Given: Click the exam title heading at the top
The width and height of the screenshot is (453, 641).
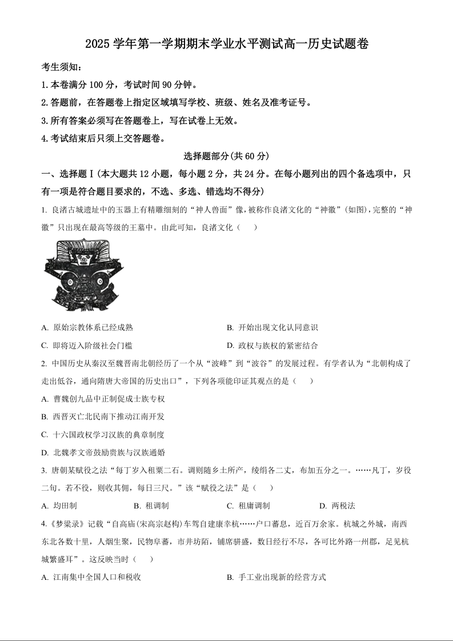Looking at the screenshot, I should click(226, 44).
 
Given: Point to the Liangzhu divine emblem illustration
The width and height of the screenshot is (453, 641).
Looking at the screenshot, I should click(84, 275).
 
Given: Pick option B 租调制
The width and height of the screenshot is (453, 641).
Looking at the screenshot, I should click(151, 506).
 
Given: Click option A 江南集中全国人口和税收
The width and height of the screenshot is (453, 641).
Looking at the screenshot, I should click(91, 577).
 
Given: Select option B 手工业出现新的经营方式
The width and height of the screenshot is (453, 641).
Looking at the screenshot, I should click(276, 577).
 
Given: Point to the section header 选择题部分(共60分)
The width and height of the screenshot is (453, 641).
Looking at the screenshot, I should click(226, 155).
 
